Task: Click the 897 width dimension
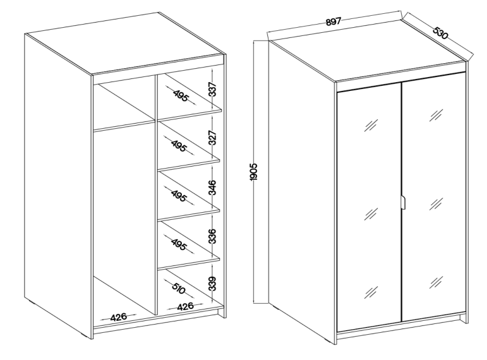334,21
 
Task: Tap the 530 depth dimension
441,33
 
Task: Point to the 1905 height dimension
254,171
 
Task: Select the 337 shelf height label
212,89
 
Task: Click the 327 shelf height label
212,138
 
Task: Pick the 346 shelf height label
212,188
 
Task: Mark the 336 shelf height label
212,236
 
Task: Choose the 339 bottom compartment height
212,284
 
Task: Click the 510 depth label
178,289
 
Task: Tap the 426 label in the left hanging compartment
119,318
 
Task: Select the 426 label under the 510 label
185,306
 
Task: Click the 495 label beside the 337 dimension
181,95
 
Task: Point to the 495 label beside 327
178,146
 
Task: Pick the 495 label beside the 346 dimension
179,196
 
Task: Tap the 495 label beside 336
179,245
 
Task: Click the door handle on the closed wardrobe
403,203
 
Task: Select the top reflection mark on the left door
371,125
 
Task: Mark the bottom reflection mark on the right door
436,282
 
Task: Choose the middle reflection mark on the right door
436,204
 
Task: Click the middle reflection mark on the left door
371,213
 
